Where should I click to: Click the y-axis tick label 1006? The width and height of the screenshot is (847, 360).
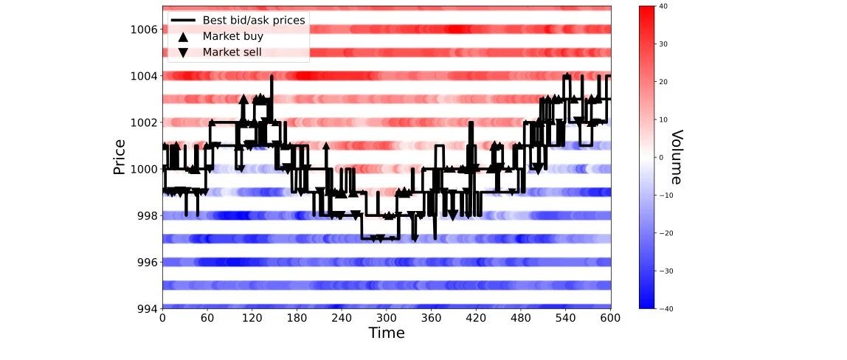point(144,30)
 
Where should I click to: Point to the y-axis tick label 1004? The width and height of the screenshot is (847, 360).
point(144,76)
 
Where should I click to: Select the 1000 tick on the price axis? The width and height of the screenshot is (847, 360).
point(144,169)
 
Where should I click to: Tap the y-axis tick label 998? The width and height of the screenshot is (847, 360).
point(147,216)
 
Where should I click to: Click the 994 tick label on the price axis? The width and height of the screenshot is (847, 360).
point(147,308)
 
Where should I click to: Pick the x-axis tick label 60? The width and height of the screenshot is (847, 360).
point(207,319)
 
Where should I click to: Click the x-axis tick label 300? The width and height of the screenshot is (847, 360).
point(386,319)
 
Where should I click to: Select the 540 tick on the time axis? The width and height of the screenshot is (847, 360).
point(566,319)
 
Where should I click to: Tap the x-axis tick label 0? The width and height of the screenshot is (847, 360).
point(162,319)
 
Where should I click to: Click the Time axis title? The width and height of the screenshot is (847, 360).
point(386,333)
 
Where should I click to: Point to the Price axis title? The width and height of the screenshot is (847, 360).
point(120,157)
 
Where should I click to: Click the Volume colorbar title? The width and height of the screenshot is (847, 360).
point(676,157)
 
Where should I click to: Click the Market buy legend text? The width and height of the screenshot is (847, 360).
point(233,37)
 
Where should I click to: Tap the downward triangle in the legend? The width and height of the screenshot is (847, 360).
point(183,53)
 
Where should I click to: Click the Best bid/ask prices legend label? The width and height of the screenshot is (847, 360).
point(254,21)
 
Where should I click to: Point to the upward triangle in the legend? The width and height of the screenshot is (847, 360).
point(183,37)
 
